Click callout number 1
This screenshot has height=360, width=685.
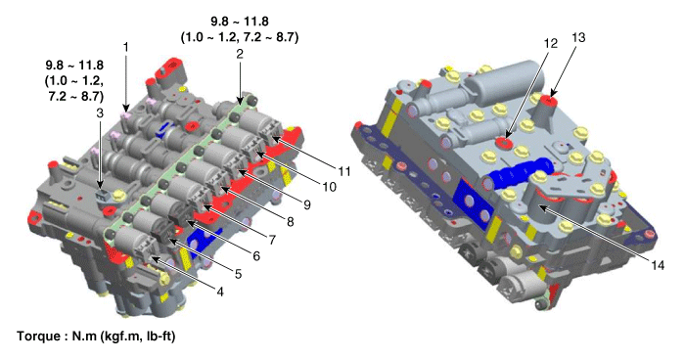126,46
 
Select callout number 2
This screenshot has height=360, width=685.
240,54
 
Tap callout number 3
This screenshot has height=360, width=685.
100,113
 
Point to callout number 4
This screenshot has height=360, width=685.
220,292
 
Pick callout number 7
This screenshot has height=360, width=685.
272,240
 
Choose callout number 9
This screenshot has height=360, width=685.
307,204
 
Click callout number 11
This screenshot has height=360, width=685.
344,171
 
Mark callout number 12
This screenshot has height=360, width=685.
551,43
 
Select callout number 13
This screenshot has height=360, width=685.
578,37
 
